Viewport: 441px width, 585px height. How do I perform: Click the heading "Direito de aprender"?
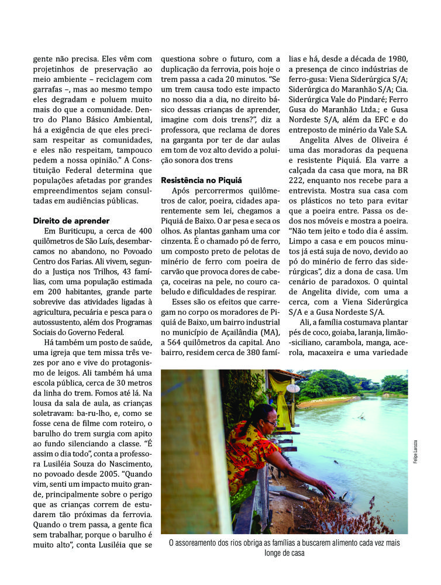(x=72, y=221)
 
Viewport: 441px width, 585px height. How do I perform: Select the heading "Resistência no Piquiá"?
(x=201, y=180)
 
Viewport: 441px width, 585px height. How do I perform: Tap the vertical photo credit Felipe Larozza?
(x=415, y=452)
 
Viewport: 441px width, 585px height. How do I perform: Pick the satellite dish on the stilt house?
(x=292, y=388)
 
